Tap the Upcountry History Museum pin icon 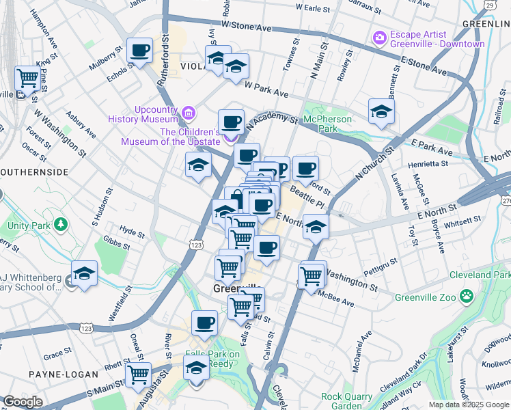pyautogui.click(x=188, y=111)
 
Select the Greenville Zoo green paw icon pyautogui.click(x=467, y=296)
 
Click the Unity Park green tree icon pyautogui.click(x=61, y=224)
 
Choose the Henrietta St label pyautogui.click(x=425, y=163)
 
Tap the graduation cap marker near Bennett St pyautogui.click(x=381, y=111)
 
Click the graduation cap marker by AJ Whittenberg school pyautogui.click(x=84, y=273)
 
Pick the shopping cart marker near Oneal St pyautogui.click(x=139, y=374)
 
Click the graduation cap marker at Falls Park pyautogui.click(x=196, y=368)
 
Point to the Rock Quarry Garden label pyautogui.click(x=350, y=401)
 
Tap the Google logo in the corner pyautogui.click(x=23, y=402)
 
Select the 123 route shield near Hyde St pyautogui.click(x=197, y=244)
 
